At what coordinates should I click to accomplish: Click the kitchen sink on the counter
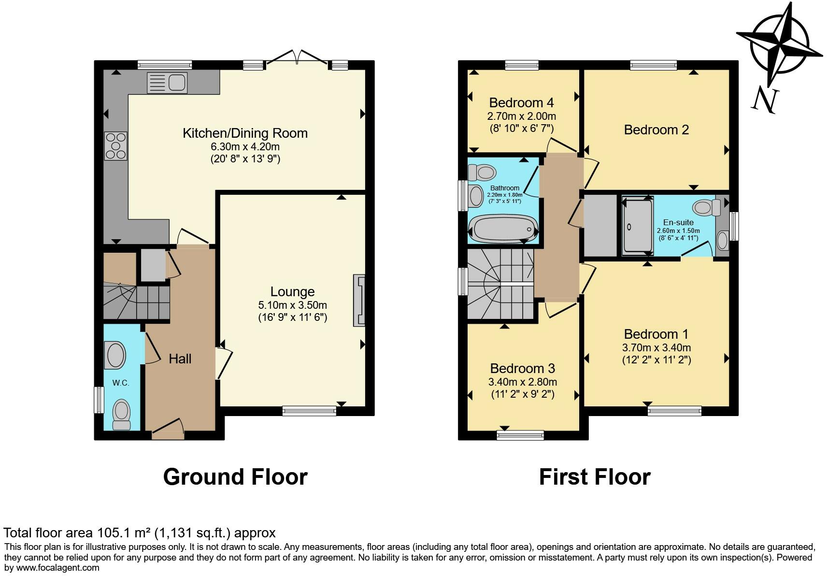point(167,82)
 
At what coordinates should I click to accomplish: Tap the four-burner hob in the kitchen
point(116,146)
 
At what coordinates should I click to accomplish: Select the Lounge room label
point(292,292)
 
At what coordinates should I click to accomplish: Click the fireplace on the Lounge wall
point(359,301)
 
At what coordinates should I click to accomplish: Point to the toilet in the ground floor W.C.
point(121,414)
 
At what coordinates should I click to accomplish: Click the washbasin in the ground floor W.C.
point(116,355)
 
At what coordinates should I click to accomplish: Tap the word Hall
point(180,359)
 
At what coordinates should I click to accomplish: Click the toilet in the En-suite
point(706,208)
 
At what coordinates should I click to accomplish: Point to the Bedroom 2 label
point(656,130)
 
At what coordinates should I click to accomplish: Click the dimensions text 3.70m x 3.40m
point(656,348)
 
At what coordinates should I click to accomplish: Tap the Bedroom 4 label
point(521,103)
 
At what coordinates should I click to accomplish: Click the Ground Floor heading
point(235,477)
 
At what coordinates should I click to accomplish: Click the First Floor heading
point(594,477)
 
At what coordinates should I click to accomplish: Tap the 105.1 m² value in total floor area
point(123,533)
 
